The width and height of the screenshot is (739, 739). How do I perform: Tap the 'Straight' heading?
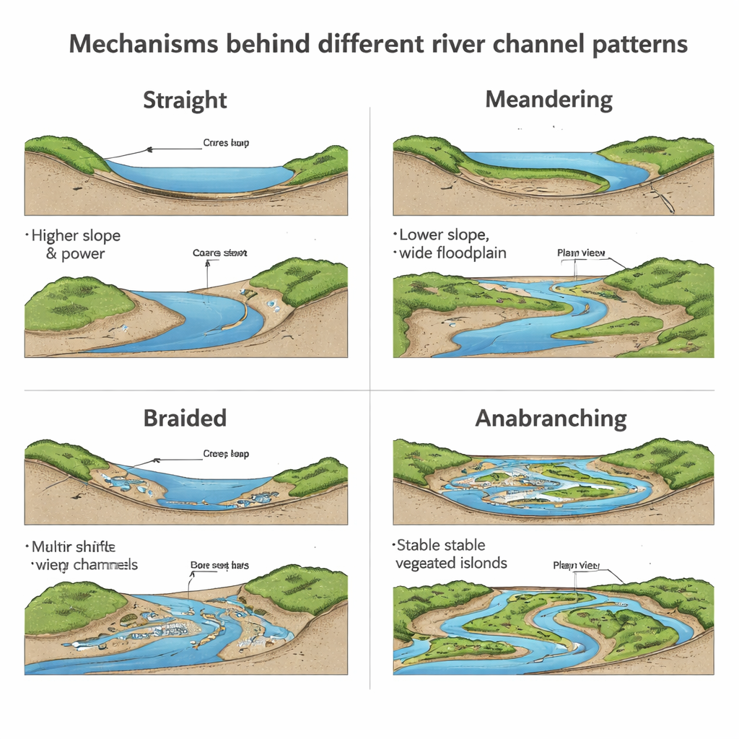185,100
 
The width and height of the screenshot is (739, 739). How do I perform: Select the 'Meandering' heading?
548,100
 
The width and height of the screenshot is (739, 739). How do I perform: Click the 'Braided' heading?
185,418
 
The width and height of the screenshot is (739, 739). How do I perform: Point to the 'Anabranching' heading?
551,419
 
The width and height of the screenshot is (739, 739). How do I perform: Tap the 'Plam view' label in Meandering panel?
581,253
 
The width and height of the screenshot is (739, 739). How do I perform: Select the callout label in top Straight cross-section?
226,143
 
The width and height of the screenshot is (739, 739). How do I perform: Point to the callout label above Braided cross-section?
226,455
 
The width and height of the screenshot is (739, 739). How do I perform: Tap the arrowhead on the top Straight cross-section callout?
149,150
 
